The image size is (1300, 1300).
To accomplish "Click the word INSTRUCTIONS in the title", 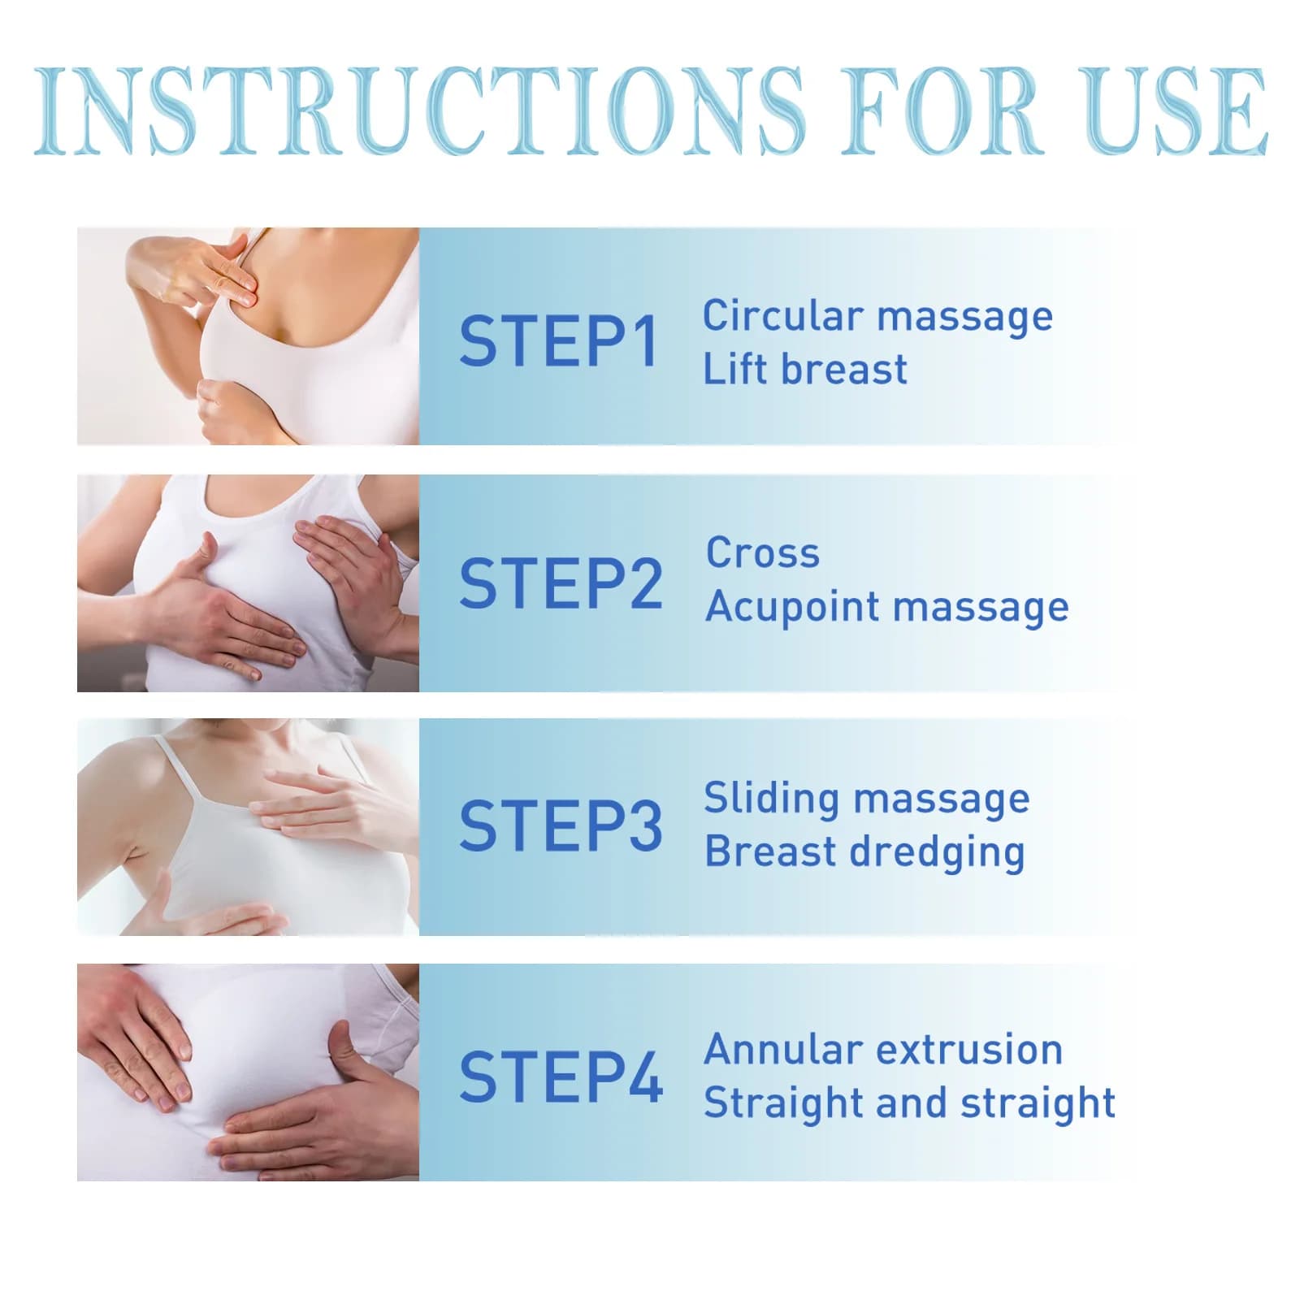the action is click(x=419, y=111).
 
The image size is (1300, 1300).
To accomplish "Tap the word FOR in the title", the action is click(x=942, y=111).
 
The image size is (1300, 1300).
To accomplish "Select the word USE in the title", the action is click(x=1176, y=111).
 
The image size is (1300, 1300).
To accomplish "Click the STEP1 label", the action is click(x=558, y=341).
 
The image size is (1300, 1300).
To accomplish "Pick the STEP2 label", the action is click(x=561, y=583).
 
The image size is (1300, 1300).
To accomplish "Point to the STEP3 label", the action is click(x=561, y=825).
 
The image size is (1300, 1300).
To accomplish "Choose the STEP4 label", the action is click(x=561, y=1077).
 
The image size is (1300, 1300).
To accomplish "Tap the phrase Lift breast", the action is click(x=804, y=369).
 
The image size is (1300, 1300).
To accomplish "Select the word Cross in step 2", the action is click(x=763, y=553).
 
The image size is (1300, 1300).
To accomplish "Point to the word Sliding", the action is click(x=772, y=799).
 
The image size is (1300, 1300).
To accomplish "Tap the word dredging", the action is click(x=937, y=853).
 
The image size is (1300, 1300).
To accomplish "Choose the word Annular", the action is click(x=782, y=1050).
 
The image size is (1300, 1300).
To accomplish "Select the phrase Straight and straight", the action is click(x=909, y=1104).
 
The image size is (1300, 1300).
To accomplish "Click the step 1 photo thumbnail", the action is click(x=248, y=336).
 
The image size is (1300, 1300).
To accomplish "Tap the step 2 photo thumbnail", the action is click(x=248, y=583).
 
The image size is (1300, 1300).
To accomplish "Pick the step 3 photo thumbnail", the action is click(x=248, y=826).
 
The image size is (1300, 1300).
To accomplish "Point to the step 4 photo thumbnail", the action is click(x=248, y=1072).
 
